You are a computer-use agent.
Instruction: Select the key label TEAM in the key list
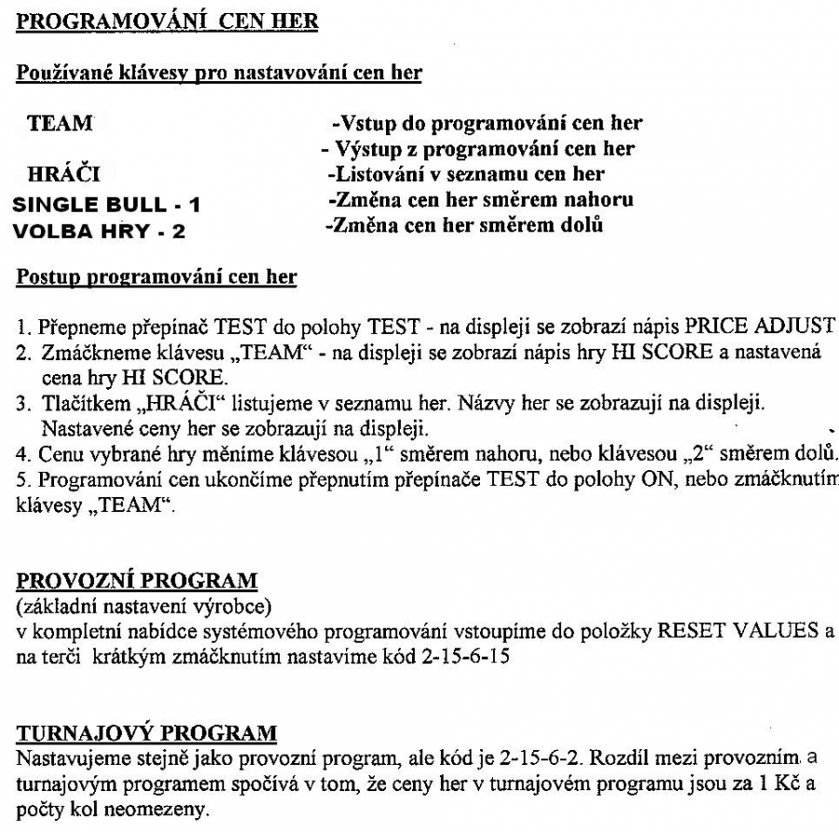(x=56, y=122)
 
